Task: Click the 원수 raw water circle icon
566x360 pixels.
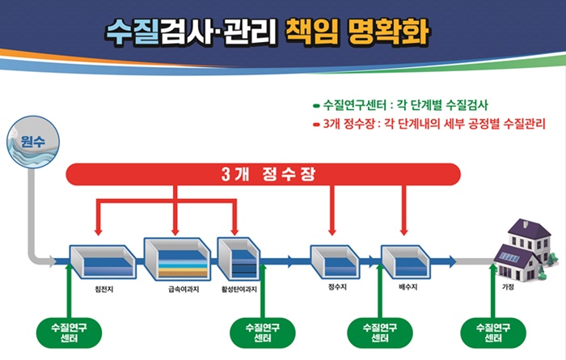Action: (33, 142)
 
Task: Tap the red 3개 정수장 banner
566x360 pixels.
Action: (263, 175)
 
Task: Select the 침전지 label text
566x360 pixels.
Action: (104, 290)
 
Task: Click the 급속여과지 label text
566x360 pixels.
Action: (184, 290)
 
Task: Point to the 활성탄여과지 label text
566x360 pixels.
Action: (239, 290)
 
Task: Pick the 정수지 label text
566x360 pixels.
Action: (337, 287)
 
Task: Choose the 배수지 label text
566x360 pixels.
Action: (408, 287)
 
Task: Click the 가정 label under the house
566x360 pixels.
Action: (508, 287)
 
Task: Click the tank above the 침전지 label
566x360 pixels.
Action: (103, 261)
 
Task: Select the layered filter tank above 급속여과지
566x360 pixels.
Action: (177, 259)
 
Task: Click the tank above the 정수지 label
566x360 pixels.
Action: (335, 261)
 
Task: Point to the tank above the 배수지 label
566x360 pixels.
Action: (406, 261)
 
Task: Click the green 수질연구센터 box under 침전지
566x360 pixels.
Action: (69, 333)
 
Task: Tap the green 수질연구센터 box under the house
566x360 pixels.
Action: (493, 333)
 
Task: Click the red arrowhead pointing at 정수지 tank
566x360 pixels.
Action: (332, 231)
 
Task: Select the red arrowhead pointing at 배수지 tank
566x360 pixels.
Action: (404, 231)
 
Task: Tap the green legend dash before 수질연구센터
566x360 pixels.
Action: (317, 106)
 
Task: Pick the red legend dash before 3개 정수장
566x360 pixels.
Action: (317, 125)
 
